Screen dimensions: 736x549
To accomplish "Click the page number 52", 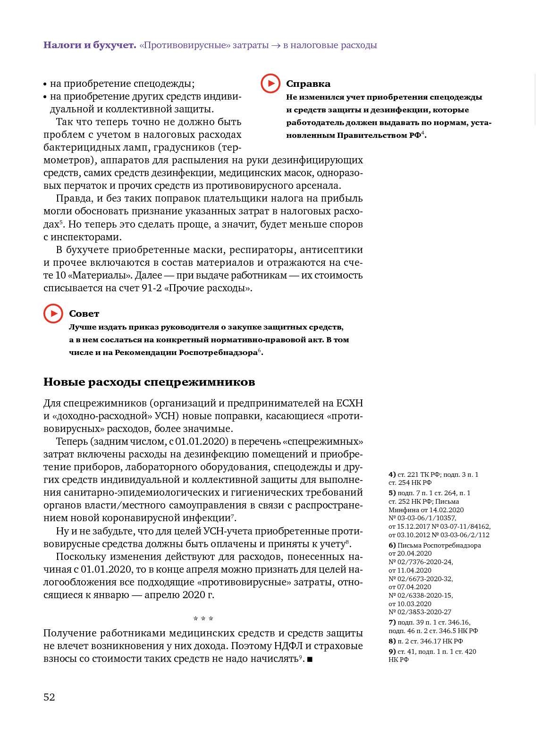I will tap(49, 697).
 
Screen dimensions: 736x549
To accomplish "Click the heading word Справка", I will tap(308, 84).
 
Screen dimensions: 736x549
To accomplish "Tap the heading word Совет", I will tap(84, 314).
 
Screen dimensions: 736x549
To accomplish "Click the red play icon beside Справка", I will tap(270, 84).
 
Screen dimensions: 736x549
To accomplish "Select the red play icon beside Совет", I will tap(53, 313).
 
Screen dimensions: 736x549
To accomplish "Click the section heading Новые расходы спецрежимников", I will tap(149, 382).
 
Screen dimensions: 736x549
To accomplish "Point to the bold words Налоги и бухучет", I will tap(90, 45).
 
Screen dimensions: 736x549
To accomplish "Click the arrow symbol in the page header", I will tap(276, 46).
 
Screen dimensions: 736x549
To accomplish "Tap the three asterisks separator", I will tap(203, 619).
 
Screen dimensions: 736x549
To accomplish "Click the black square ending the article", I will tap(310, 659).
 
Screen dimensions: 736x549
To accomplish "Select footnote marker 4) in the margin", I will tap(392, 474).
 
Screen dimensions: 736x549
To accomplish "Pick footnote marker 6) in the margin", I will tap(392, 545).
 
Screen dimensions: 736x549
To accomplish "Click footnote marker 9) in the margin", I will tap(392, 651).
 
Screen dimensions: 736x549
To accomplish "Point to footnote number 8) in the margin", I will tap(392, 641).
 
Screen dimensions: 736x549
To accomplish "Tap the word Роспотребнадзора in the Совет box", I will tap(218, 353).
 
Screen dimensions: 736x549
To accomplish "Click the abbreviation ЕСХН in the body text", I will tap(349, 404).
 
